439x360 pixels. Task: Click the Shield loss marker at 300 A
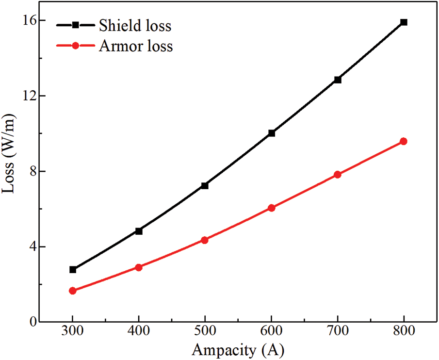(x=73, y=269)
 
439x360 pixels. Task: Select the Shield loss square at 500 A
(x=205, y=185)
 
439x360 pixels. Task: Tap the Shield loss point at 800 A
(x=404, y=22)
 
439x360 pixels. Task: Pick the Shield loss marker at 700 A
(x=338, y=80)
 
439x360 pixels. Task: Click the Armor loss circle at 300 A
(x=73, y=291)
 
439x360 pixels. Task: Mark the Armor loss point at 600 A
(x=271, y=208)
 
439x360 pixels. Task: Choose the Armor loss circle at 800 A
(x=404, y=141)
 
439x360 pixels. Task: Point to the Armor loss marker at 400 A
(x=139, y=267)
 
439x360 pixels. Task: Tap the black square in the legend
(x=76, y=25)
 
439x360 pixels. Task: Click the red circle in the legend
(x=76, y=46)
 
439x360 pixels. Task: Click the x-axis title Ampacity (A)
(x=238, y=350)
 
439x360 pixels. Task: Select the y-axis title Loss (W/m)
(x=10, y=171)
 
